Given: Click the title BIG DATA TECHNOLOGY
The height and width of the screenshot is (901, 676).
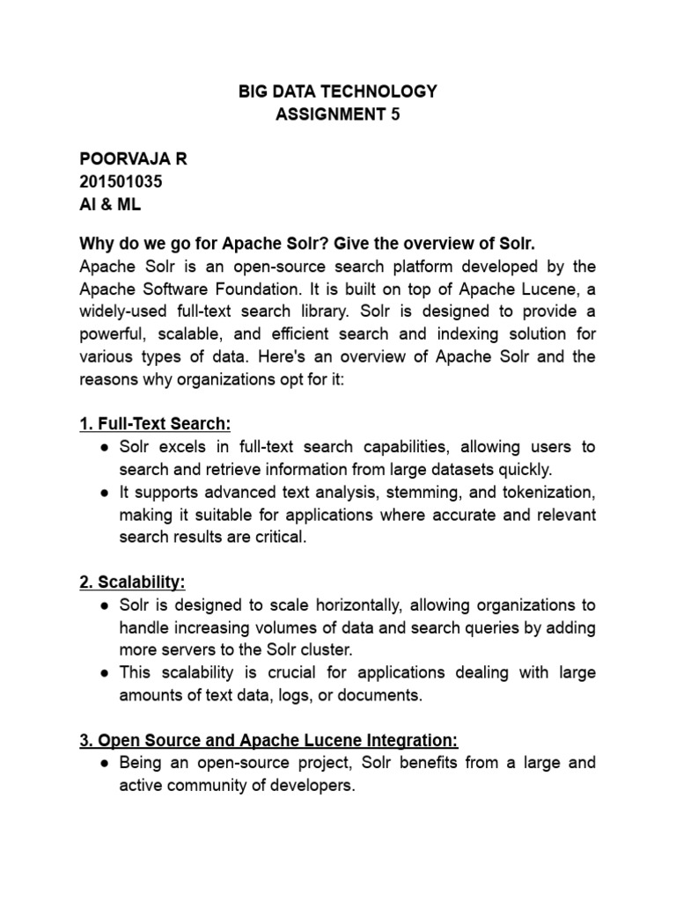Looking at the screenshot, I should click(x=338, y=91).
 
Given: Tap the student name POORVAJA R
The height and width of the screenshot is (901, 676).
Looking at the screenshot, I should click(x=133, y=159).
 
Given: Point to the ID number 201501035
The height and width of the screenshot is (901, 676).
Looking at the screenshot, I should click(x=121, y=181).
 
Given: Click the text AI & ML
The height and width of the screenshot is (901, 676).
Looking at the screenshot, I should click(x=110, y=204).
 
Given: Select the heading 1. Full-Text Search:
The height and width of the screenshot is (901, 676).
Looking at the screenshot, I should click(x=155, y=425).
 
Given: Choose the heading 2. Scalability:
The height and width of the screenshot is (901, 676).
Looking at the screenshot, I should click(x=132, y=582).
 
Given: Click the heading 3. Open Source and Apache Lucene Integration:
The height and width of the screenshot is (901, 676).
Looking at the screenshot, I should click(x=268, y=739).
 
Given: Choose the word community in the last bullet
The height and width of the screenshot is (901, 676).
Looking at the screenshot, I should click(x=206, y=785).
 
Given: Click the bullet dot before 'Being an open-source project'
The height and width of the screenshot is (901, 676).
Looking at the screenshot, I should click(x=105, y=763).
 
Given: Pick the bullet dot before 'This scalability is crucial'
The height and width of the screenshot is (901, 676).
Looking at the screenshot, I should click(x=105, y=673).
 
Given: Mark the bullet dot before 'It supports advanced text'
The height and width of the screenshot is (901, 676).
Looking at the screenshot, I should click(x=105, y=493).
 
